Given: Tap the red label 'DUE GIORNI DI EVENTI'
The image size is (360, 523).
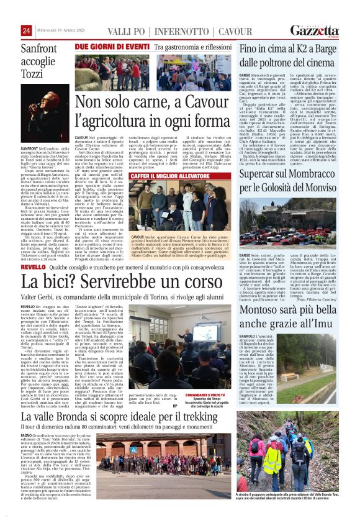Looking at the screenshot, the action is click(x=112, y=47).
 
